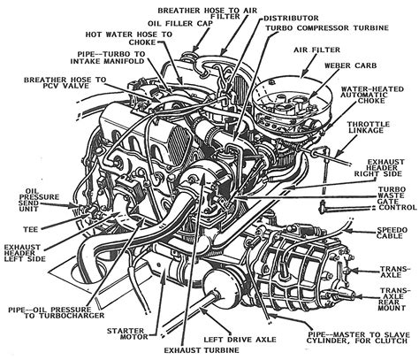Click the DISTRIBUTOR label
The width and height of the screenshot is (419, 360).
[291, 19]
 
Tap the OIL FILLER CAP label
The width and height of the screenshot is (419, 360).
[179, 24]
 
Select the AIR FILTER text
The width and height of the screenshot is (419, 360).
[317, 50]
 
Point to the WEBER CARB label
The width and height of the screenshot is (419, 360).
[351, 65]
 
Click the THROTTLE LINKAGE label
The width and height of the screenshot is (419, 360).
[369, 127]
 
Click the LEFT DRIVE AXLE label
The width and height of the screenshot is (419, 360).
[240, 340]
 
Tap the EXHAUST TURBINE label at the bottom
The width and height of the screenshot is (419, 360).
[202, 350]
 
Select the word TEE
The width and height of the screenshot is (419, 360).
[31, 229]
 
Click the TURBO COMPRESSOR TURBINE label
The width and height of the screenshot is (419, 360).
[327, 28]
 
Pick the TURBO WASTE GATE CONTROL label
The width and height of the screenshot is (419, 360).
[397, 198]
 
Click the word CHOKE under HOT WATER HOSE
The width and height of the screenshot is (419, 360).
[141, 42]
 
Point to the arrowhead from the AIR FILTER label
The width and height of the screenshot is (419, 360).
[301, 74]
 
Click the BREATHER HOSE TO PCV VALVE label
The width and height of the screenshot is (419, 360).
[65, 83]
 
